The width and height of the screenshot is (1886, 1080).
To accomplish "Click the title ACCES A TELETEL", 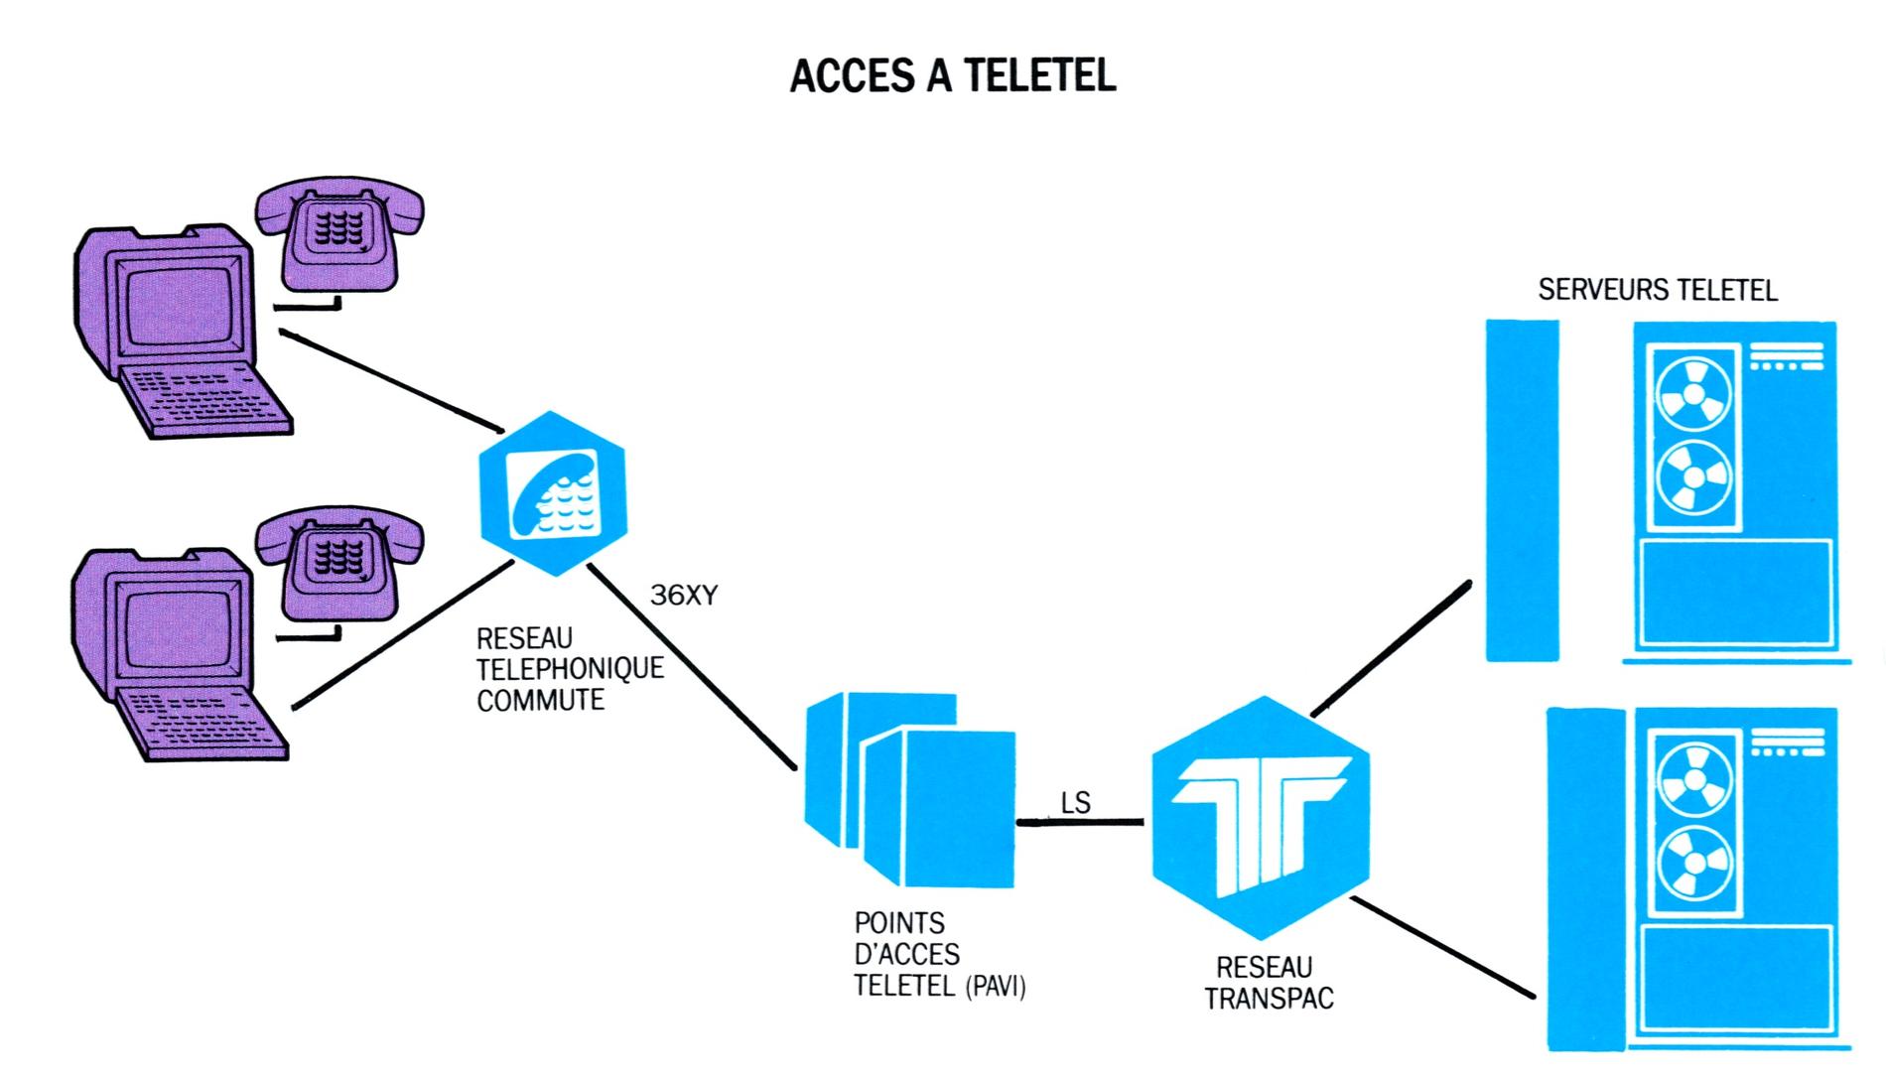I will [x=952, y=76].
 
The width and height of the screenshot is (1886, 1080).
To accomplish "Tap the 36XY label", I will [x=683, y=596].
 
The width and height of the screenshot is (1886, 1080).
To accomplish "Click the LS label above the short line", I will [x=1076, y=802].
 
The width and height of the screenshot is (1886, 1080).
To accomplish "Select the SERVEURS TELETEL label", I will [x=1657, y=290].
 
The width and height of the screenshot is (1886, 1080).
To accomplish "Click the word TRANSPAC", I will [x=1269, y=999].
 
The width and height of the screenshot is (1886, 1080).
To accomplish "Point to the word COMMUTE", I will [x=540, y=701].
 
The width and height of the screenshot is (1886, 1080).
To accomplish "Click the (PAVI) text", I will [x=995, y=988].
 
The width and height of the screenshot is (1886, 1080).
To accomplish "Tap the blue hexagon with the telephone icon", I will [x=553, y=492].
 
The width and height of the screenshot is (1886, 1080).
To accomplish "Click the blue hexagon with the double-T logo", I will [x=1261, y=817].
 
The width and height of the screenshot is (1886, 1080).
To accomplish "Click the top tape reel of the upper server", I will [x=1692, y=393].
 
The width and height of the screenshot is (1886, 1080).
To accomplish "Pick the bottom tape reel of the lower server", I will [x=1692, y=864].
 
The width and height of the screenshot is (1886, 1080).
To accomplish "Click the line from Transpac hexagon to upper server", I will [x=1390, y=647].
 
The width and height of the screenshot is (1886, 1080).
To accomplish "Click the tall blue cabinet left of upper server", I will [x=1522, y=490].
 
